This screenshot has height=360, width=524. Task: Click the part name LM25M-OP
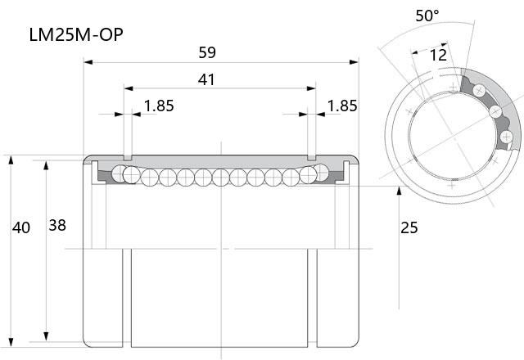click(x=76, y=34)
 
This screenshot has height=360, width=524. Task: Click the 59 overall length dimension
click(x=207, y=52)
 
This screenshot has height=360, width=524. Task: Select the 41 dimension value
click(x=206, y=79)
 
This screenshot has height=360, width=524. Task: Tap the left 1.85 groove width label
click(x=159, y=106)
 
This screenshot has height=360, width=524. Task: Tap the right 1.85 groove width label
click(x=342, y=106)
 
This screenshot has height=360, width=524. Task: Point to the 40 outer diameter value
click(x=21, y=227)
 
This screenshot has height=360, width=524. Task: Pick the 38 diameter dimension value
click(x=57, y=226)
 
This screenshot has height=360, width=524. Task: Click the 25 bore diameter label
click(x=409, y=227)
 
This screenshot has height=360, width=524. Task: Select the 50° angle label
click(x=427, y=16)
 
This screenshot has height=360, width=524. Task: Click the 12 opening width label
click(x=438, y=55)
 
